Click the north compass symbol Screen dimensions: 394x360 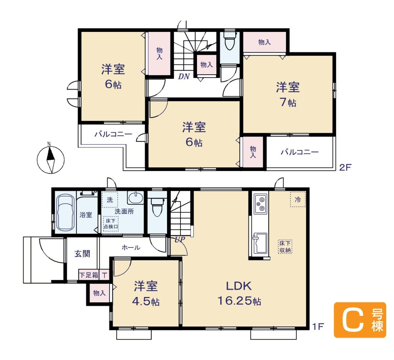[51, 160]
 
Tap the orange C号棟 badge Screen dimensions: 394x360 [360, 320]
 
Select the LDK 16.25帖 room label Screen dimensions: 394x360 [239, 293]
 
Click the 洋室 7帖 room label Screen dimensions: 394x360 [288, 94]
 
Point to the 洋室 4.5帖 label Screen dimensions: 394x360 [146, 294]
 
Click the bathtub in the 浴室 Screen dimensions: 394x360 [65, 213]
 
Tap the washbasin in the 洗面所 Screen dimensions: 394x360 [136, 198]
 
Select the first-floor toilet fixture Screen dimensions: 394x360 [157, 207]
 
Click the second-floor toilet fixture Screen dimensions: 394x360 [230, 41]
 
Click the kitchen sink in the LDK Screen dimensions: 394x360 [260, 243]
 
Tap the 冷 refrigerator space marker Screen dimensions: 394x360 [298, 199]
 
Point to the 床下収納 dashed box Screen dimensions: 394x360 [285, 246]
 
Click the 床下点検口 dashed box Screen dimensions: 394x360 [111, 223]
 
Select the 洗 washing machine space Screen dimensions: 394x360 [110, 200]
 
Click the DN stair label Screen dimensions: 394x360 [184, 76]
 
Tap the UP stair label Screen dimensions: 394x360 [180, 240]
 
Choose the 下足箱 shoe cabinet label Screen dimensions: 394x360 [89, 275]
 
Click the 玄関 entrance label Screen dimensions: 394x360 [83, 254]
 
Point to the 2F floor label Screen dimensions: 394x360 [345, 167]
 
